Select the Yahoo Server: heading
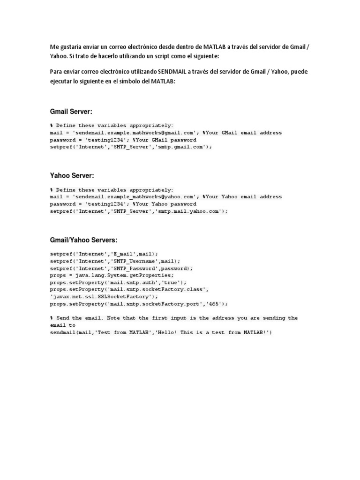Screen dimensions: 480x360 [x=72, y=175]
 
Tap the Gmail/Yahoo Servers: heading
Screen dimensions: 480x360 [x=83, y=240]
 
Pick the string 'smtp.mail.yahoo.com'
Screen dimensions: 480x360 [x=194, y=211]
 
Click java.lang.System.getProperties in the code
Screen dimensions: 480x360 [x=118, y=275]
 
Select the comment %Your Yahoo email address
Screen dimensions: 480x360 [x=242, y=197]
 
